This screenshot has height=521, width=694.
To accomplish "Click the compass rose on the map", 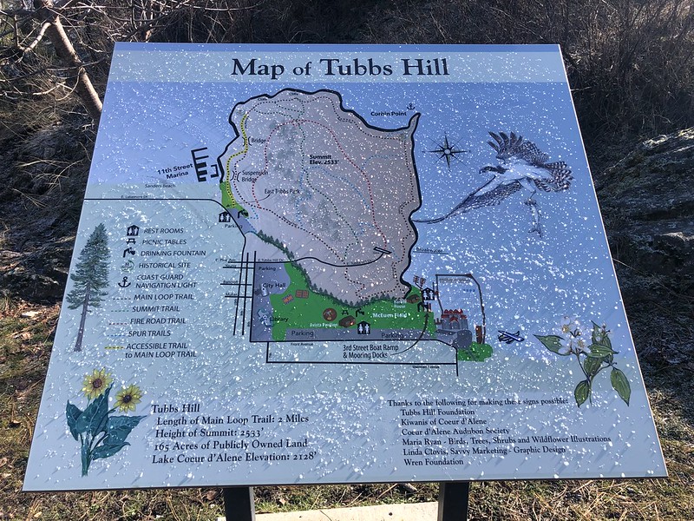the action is [x=448, y=151].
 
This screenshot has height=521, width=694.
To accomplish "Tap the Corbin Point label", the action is [x=389, y=113].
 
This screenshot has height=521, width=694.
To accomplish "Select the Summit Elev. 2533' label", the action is [x=328, y=159].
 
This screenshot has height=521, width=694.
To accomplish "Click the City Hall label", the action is [x=274, y=286].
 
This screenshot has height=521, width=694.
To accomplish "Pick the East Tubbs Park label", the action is [x=283, y=189].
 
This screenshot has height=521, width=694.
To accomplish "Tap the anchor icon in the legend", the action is [x=125, y=282].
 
